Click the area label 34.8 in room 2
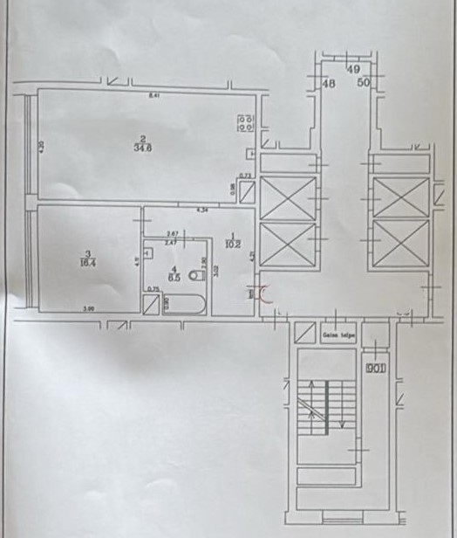(141, 148)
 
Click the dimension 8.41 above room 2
(154, 94)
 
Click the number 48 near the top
(329, 84)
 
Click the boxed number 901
(376, 368)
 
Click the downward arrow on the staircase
(342, 422)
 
